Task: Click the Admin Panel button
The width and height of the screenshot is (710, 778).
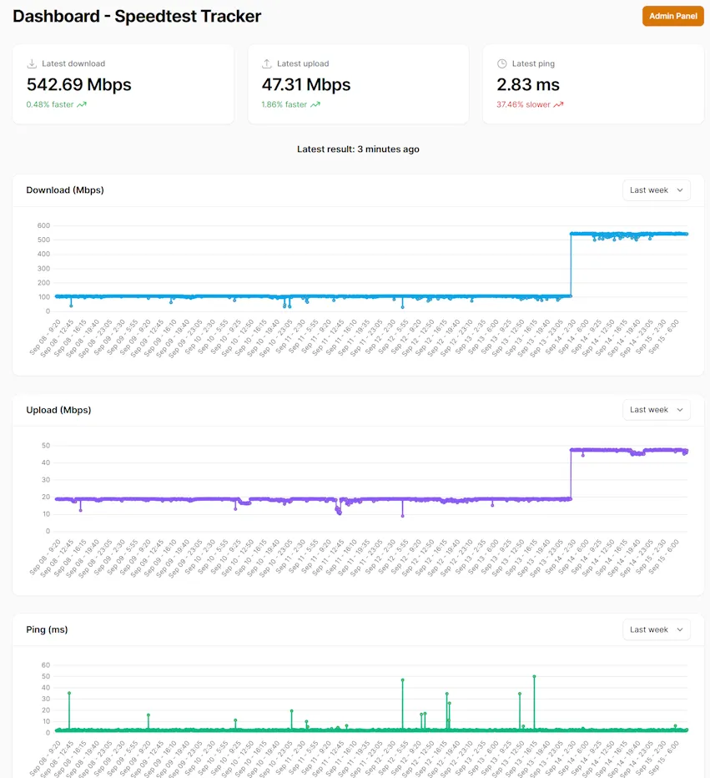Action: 672,16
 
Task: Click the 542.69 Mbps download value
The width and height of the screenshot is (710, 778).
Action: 78,84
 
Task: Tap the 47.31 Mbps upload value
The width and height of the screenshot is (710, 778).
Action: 305,84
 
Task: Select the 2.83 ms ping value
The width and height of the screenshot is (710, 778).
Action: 527,84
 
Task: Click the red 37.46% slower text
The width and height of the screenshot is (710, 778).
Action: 523,105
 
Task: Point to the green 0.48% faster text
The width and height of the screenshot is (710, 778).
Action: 50,105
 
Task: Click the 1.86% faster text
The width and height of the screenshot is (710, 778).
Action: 285,105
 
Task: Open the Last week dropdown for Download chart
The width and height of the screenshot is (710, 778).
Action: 656,190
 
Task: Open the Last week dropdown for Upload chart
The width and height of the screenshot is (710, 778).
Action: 656,410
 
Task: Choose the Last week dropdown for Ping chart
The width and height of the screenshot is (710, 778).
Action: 656,629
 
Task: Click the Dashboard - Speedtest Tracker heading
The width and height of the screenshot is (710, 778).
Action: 137,16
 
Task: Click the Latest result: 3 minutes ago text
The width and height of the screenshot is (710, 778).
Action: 358,149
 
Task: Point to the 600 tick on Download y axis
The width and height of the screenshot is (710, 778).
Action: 43,225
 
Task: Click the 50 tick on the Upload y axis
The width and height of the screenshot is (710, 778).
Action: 46,445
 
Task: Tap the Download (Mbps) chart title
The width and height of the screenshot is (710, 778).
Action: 65,190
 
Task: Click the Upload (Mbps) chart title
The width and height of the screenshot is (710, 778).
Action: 58,410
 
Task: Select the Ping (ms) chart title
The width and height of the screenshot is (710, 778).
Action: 47,629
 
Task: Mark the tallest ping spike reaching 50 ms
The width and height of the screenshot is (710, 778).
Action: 534,677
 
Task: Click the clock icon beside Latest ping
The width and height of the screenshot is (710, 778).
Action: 501,63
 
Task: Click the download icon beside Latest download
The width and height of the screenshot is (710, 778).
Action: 32,63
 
